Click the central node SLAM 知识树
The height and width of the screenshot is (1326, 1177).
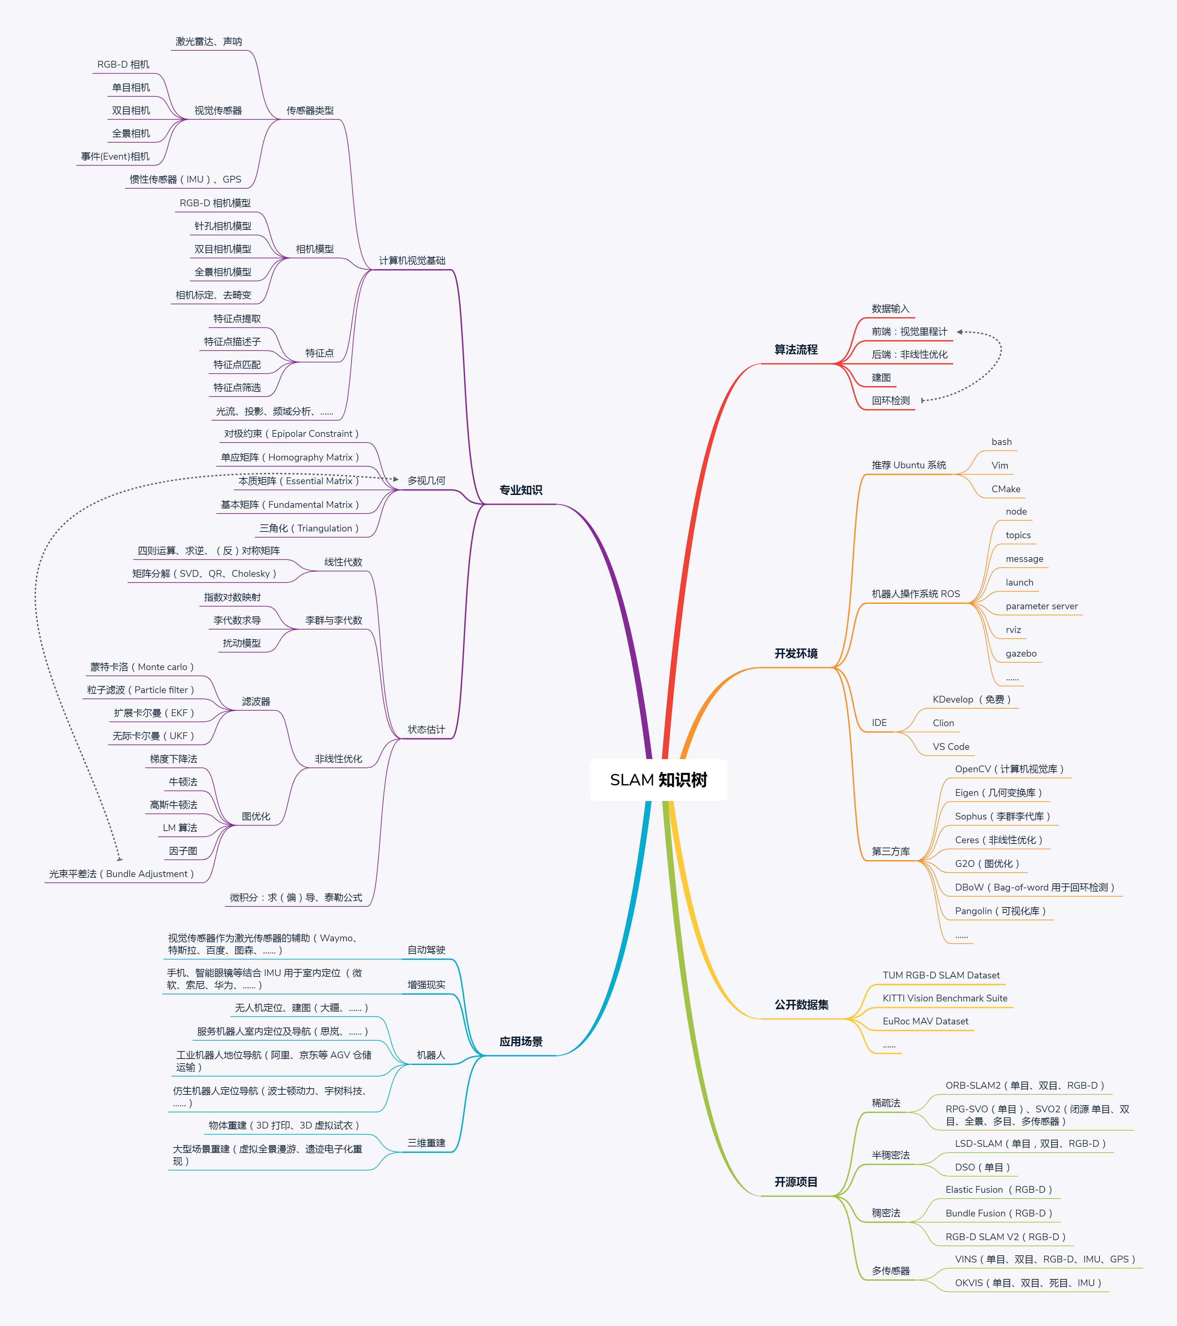pos(658,780)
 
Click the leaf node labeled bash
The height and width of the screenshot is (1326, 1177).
pos(1001,442)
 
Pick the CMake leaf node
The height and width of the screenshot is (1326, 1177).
pos(1006,489)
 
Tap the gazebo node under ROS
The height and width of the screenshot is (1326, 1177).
pos(1021,653)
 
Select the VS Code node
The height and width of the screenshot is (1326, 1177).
pos(951,747)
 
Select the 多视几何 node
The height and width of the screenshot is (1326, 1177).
pos(426,481)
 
